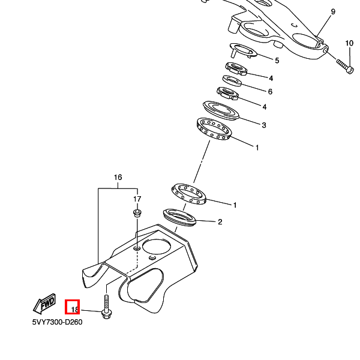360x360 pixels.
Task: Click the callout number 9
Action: click(333, 12)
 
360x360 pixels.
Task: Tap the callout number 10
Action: click(349, 43)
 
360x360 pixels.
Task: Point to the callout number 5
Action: click(277, 61)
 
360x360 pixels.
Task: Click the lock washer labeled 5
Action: click(243, 52)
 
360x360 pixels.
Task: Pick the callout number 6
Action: click(270, 92)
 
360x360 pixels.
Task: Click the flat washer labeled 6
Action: click(232, 80)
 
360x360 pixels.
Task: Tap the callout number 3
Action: click(263, 125)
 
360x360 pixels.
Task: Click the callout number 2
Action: click(220, 222)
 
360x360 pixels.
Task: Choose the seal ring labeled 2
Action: click(179, 217)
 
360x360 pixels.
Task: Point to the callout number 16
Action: click(118, 178)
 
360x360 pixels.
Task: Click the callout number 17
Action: click(137, 199)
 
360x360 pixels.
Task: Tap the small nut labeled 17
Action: click(137, 212)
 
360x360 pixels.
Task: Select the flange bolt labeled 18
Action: click(107, 308)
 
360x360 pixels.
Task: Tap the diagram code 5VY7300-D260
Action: click(57, 322)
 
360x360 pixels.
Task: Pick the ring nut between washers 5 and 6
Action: click(236, 69)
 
